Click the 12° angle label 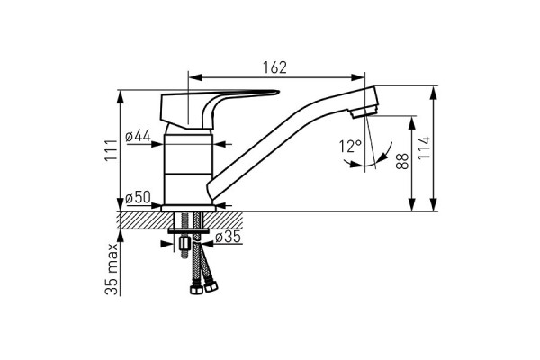pyautogui.click(x=350, y=146)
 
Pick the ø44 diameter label pyautogui.click(x=138, y=136)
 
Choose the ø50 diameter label pyautogui.click(x=138, y=197)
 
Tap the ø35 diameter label pyautogui.click(x=230, y=238)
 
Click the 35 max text pyautogui.click(x=110, y=269)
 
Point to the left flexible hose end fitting pyautogui.click(x=192, y=291)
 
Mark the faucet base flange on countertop pyautogui.click(x=190, y=205)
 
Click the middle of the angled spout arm pyautogui.click(x=279, y=144)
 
